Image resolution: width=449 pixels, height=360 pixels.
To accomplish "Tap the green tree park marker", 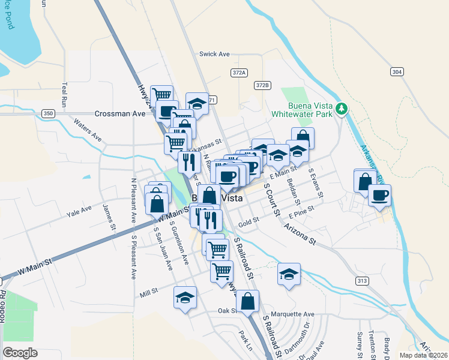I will point(342,108).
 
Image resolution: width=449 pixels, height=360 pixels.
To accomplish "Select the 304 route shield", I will point(396,72).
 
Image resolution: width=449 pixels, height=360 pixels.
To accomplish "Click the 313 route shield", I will point(378,280).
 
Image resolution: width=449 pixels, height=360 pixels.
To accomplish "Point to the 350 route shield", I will point(49,113).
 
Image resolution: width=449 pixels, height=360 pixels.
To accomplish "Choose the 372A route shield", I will point(238,72).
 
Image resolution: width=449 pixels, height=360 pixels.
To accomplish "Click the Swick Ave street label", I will point(215,54).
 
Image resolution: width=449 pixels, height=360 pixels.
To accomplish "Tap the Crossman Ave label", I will point(120,113).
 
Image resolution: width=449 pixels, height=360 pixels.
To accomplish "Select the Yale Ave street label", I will point(79,210).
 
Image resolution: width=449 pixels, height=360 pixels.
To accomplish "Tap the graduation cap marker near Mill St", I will point(185,298).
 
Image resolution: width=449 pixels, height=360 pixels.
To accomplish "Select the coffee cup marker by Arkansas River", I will point(379,195).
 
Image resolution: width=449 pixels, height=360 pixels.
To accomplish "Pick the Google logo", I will point(20,353).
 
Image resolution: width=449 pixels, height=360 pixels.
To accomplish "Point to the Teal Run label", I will point(63,95).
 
